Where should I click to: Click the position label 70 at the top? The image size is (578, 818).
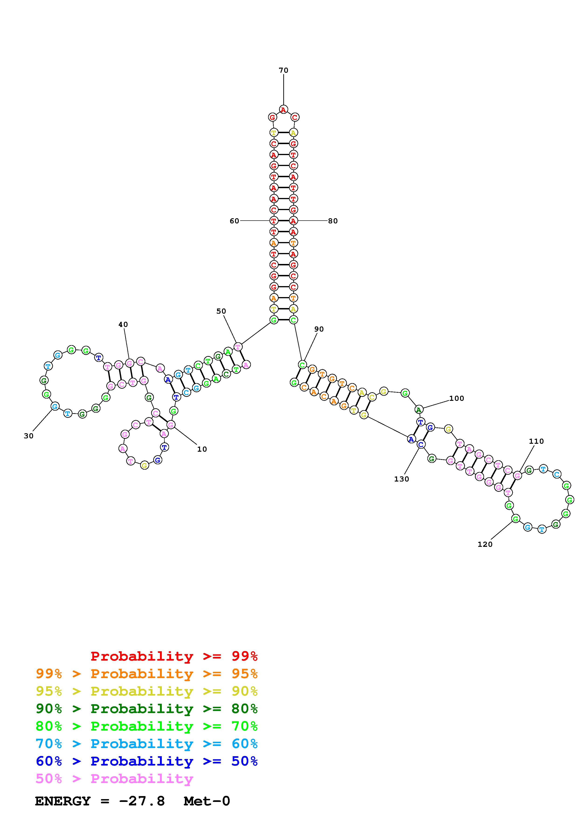point(284,70)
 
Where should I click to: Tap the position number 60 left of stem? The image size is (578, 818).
point(234,221)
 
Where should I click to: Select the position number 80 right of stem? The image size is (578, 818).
point(333,221)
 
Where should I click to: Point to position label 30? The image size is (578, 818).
point(28,436)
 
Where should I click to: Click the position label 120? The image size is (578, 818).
point(485,544)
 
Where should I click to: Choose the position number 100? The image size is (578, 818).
point(456,398)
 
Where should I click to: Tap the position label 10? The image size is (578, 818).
point(202,449)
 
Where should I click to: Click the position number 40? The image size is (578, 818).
point(123,324)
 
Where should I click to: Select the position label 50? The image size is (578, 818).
point(221,311)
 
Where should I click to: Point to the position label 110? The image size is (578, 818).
point(536,441)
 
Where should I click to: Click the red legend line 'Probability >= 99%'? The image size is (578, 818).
point(174,656)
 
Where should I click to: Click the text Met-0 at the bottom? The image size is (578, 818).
point(207,801)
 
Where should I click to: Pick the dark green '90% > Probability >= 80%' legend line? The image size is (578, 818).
point(147,709)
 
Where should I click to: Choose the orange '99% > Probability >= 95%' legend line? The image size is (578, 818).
point(147,674)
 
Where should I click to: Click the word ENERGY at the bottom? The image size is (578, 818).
point(63,801)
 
